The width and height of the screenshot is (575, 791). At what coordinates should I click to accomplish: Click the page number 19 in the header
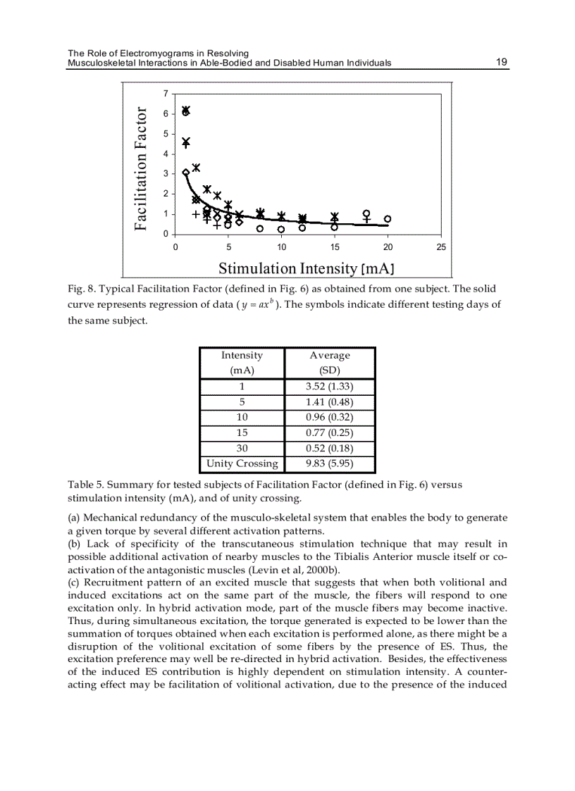pyautogui.click(x=502, y=62)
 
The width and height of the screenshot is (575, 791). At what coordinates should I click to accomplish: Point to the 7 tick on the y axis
pyautogui.click(x=166, y=94)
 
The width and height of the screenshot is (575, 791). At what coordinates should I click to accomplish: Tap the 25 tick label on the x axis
pyautogui.click(x=441, y=247)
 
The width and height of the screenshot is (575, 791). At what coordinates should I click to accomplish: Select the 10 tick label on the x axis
pyautogui.click(x=281, y=247)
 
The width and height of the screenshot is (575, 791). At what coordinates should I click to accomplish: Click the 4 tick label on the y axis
pyautogui.click(x=166, y=154)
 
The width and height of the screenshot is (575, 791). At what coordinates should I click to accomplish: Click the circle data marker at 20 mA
pyautogui.click(x=388, y=219)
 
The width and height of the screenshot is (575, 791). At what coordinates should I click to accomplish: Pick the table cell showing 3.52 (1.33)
pyautogui.click(x=329, y=387)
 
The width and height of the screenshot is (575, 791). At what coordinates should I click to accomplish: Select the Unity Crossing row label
pyautogui.click(x=242, y=463)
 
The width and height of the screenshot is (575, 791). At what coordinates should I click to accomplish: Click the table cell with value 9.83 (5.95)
pyautogui.click(x=329, y=463)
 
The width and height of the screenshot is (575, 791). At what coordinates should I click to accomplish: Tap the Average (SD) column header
pyautogui.click(x=329, y=362)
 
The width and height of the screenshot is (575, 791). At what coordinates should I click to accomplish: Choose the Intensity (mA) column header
pyautogui.click(x=242, y=362)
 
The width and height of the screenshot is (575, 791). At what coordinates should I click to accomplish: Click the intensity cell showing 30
pyautogui.click(x=242, y=448)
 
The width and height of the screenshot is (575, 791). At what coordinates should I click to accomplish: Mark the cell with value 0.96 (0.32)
pyautogui.click(x=329, y=417)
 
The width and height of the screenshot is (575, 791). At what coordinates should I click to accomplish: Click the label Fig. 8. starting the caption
pyautogui.click(x=82, y=289)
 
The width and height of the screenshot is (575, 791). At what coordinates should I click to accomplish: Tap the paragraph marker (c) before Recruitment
pyautogui.click(x=75, y=582)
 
